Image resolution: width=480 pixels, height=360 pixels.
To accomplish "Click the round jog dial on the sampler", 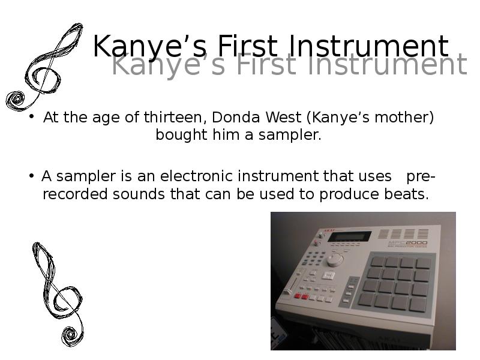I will click(335, 259).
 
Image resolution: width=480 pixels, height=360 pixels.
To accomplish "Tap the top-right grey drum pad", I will click(423, 263).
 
